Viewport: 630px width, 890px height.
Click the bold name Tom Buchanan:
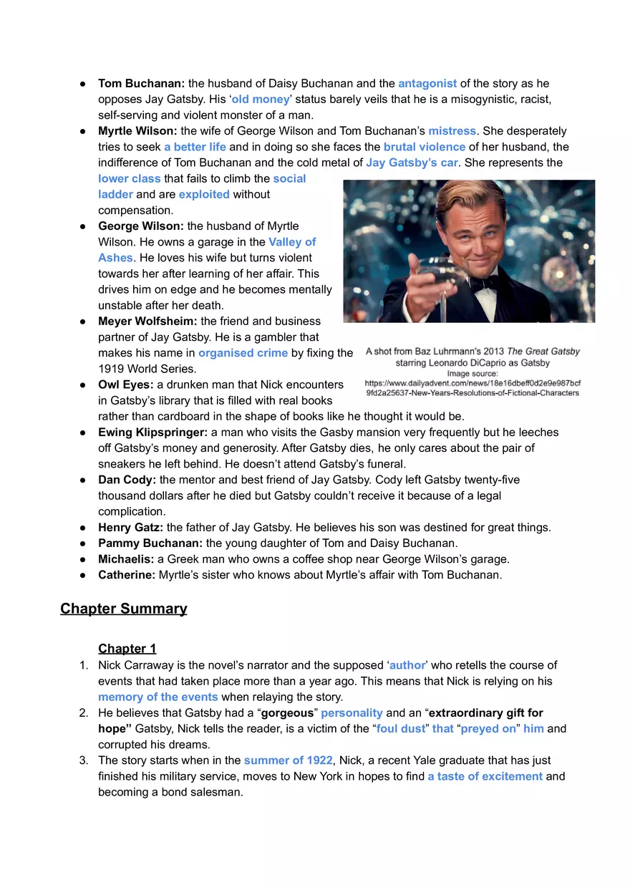tap(141, 84)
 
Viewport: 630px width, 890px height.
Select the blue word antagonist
tap(427, 84)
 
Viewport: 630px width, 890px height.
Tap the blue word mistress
tap(452, 131)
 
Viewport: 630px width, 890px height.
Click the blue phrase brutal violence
tap(425, 147)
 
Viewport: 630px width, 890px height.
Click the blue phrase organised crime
tap(243, 353)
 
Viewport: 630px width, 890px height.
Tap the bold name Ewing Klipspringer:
tap(152, 432)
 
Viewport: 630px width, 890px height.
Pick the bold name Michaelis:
tap(126, 559)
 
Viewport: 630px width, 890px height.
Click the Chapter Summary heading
tap(124, 609)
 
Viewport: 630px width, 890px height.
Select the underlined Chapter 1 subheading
tap(127, 649)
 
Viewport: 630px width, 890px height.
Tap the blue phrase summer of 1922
tap(288, 760)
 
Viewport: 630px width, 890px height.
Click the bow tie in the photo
tap(485, 281)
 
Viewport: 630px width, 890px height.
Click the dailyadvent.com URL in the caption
tap(472, 383)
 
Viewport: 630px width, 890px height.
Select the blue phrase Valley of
tap(292, 242)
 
